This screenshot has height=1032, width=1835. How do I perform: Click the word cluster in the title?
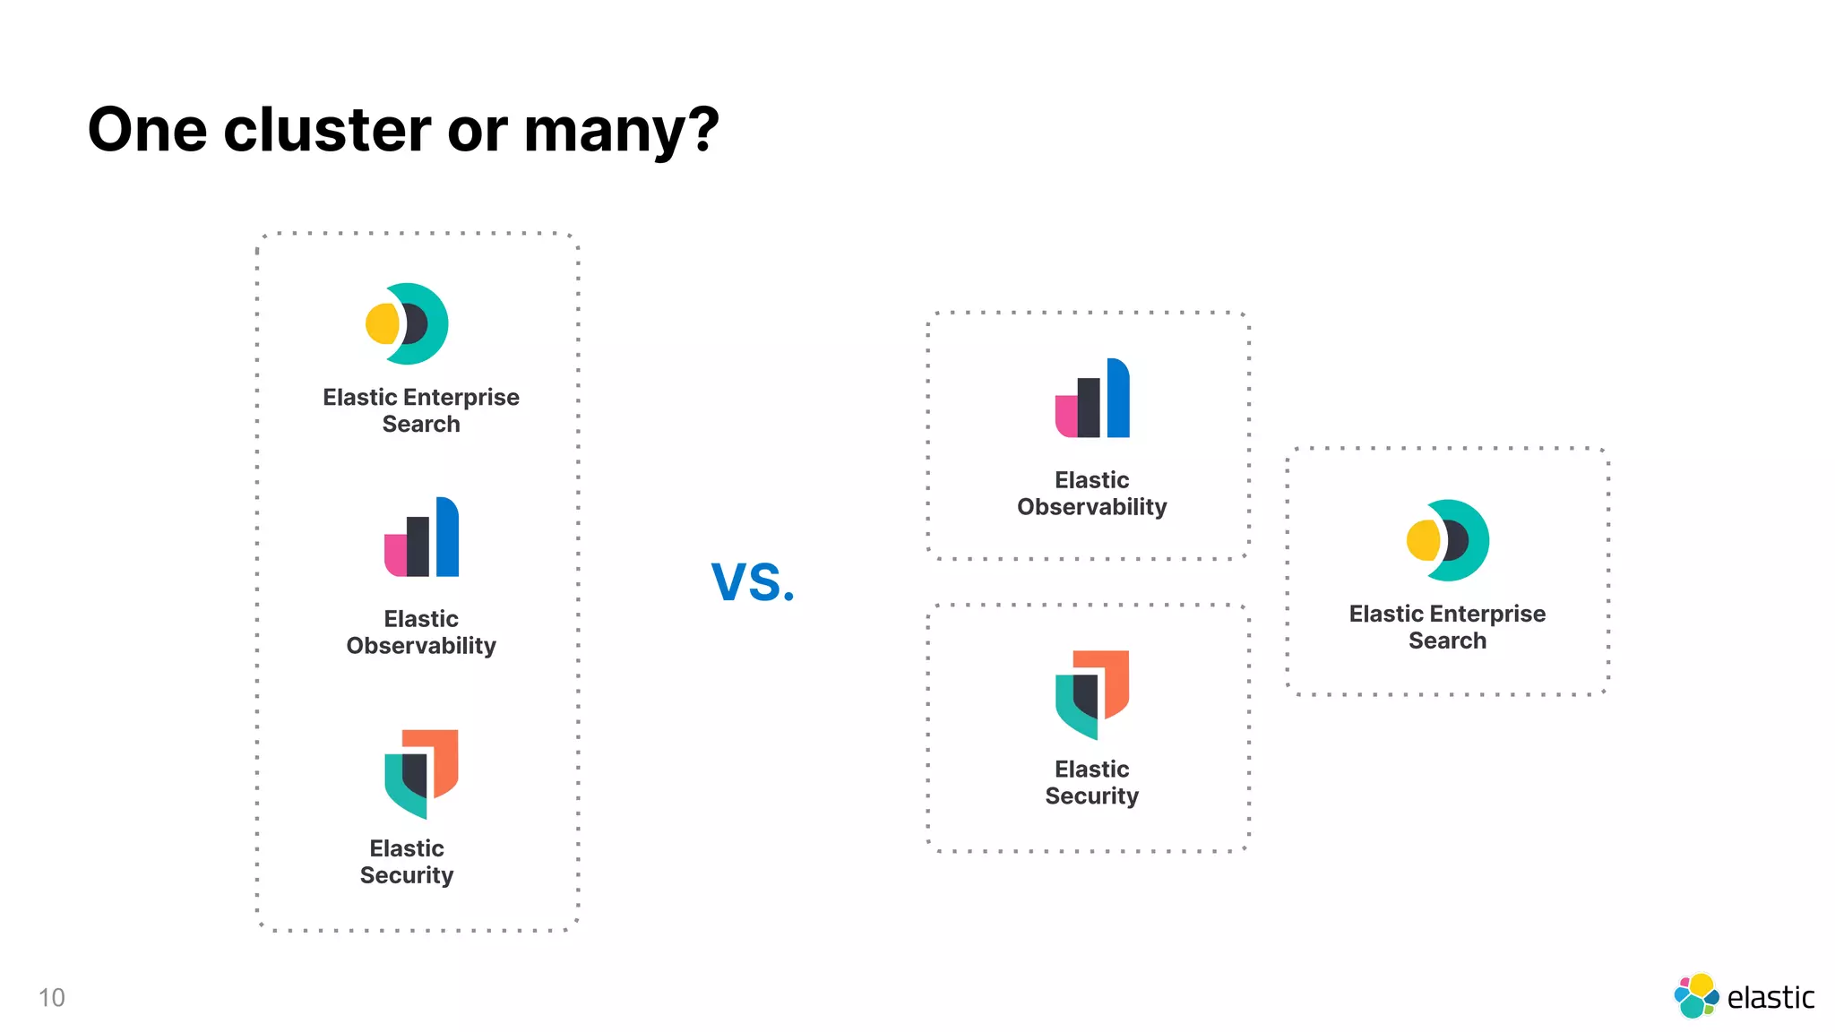(x=327, y=130)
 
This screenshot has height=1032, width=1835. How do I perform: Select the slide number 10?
(x=51, y=997)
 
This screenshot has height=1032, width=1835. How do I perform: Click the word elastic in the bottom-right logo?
(x=1770, y=997)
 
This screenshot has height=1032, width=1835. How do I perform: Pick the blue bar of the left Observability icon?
(x=447, y=537)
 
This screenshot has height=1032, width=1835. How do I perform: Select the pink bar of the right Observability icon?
(x=1065, y=416)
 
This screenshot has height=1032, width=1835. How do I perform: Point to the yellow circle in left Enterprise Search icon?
(x=382, y=323)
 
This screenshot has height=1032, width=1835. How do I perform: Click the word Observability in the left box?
(x=421, y=646)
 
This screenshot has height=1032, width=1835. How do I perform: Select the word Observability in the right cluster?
(x=1091, y=507)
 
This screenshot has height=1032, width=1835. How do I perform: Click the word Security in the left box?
(x=407, y=875)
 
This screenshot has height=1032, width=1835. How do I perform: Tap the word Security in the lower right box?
(x=1091, y=796)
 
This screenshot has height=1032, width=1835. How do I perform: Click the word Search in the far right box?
(x=1447, y=641)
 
